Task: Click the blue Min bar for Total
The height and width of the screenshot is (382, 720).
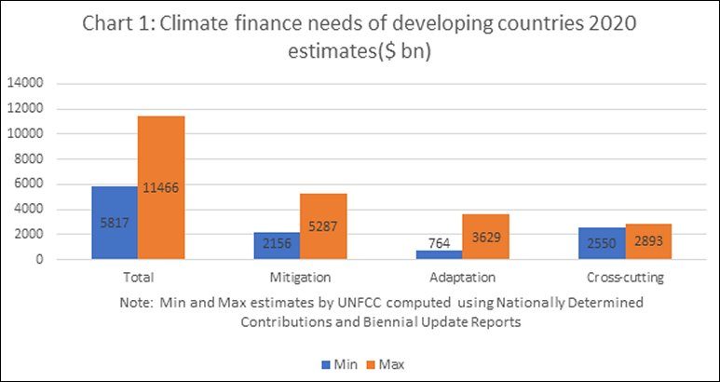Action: (x=115, y=223)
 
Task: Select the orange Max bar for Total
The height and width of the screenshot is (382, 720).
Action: (x=161, y=187)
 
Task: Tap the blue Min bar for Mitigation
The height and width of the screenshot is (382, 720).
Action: (x=277, y=245)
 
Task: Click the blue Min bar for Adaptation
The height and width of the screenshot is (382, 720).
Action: (x=438, y=254)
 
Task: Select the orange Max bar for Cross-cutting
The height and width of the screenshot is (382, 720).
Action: (x=647, y=241)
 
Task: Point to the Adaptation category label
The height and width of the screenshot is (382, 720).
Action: (x=461, y=277)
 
